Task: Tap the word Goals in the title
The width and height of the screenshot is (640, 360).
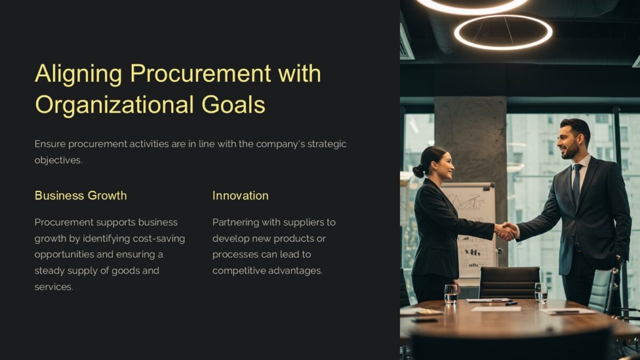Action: pyautogui.click(x=233, y=105)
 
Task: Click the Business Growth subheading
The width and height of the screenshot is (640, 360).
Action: pyautogui.click(x=81, y=196)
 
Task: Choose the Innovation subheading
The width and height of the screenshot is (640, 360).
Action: pyautogui.click(x=240, y=196)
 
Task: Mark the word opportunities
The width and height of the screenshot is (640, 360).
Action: pyautogui.click(x=65, y=254)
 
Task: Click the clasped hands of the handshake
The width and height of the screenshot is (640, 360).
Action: pyautogui.click(x=506, y=231)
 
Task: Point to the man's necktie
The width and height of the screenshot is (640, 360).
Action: pyautogui.click(x=577, y=184)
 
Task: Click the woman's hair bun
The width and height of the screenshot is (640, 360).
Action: pyautogui.click(x=418, y=171)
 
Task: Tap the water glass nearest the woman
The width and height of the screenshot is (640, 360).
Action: pyautogui.click(x=451, y=293)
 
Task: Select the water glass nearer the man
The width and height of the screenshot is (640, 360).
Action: pyautogui.click(x=541, y=292)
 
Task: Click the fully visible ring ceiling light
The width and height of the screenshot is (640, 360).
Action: pyautogui.click(x=503, y=32)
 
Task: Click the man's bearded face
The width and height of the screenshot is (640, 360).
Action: pyautogui.click(x=569, y=141)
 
